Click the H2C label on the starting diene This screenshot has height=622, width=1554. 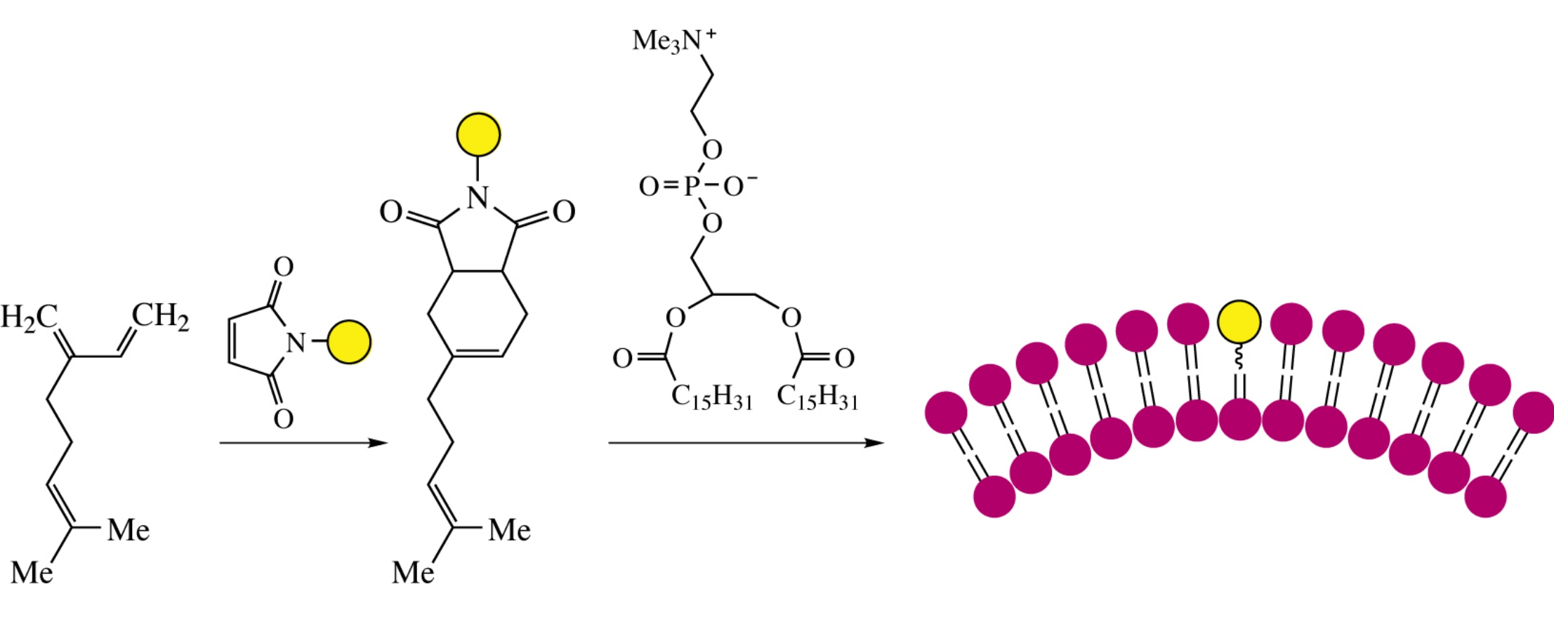click(28, 318)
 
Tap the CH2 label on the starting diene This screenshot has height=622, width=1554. click(161, 317)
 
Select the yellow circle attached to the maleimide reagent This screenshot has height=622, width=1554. click(349, 342)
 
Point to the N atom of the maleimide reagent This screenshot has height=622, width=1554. click(296, 343)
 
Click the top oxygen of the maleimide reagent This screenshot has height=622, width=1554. click(283, 267)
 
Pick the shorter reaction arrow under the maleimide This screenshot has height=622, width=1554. click(303, 443)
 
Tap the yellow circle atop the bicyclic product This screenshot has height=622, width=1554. click(479, 134)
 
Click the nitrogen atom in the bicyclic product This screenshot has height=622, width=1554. click(478, 198)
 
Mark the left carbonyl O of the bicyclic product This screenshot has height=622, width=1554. click(390, 211)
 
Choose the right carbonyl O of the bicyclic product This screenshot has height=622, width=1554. click(564, 211)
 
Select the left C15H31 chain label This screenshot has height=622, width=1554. click(711, 398)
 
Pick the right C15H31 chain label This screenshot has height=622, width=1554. click(817, 398)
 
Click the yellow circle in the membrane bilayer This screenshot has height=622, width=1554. click(1239, 322)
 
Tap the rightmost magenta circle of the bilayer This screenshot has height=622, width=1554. click(1533, 412)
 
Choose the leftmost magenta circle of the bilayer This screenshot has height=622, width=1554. click(946, 412)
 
